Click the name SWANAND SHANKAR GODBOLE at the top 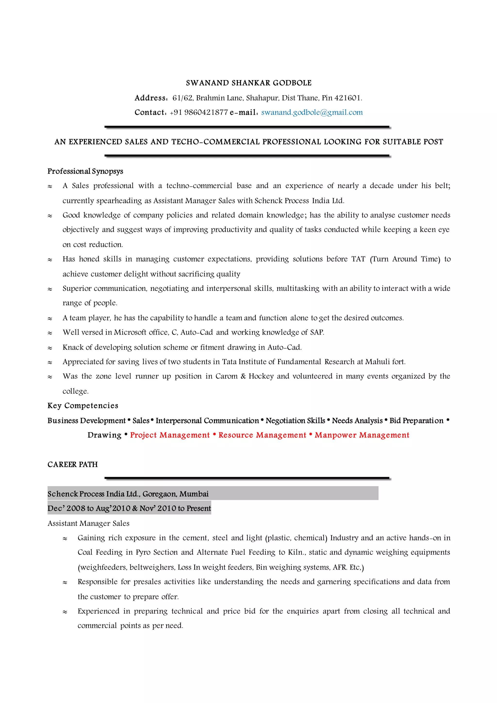point(248,83)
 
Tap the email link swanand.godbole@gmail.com point(312,112)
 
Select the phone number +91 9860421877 point(199,112)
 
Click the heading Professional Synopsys point(85,171)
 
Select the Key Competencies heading point(83,406)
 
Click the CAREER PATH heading point(73,464)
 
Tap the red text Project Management point(170,435)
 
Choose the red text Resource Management point(262,435)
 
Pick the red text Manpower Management point(362,435)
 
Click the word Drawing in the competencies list point(104,435)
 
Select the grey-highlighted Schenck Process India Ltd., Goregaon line point(128,494)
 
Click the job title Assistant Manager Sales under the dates point(88,523)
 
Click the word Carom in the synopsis point(226,376)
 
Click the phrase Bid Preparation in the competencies point(416,421)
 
